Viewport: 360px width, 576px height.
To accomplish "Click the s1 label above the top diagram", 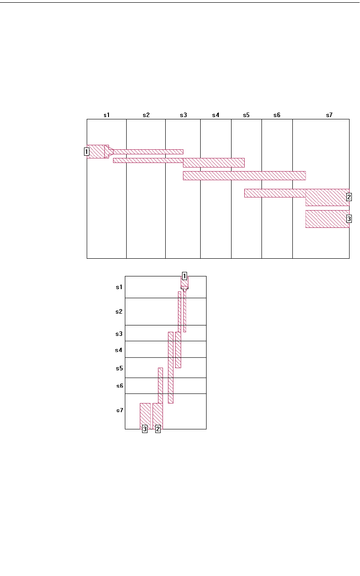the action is (x=107, y=115).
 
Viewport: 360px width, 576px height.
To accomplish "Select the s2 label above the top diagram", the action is (x=146, y=115).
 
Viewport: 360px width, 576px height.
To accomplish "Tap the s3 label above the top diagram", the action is (x=183, y=115).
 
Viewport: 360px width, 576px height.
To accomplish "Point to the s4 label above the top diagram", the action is (x=216, y=115).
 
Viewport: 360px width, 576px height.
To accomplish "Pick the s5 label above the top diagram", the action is (x=246, y=115).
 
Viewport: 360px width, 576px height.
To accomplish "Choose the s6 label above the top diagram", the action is (x=277, y=115).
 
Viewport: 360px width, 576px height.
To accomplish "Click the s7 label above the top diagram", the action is (x=329, y=115).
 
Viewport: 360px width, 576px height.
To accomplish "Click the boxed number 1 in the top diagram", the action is (x=86, y=152).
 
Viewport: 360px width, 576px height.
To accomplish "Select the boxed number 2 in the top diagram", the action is (x=349, y=197).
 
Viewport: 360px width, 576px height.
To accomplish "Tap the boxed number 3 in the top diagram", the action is (x=349, y=219).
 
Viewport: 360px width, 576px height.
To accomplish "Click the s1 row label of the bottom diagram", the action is (x=119, y=287).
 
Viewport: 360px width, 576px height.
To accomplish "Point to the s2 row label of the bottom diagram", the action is (x=119, y=312).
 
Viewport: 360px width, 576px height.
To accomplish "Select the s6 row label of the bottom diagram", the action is (x=119, y=386).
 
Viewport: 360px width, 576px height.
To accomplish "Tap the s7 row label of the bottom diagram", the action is (x=119, y=410).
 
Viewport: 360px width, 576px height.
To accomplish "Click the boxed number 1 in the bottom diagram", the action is (x=185, y=276).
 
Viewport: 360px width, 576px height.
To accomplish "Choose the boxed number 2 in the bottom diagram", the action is (x=158, y=429).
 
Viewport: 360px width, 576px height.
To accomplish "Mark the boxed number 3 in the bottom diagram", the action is (x=145, y=429).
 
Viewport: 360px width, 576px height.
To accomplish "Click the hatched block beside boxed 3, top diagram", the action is (x=327, y=219).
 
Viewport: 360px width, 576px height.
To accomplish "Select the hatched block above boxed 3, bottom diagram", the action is (x=145, y=415).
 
